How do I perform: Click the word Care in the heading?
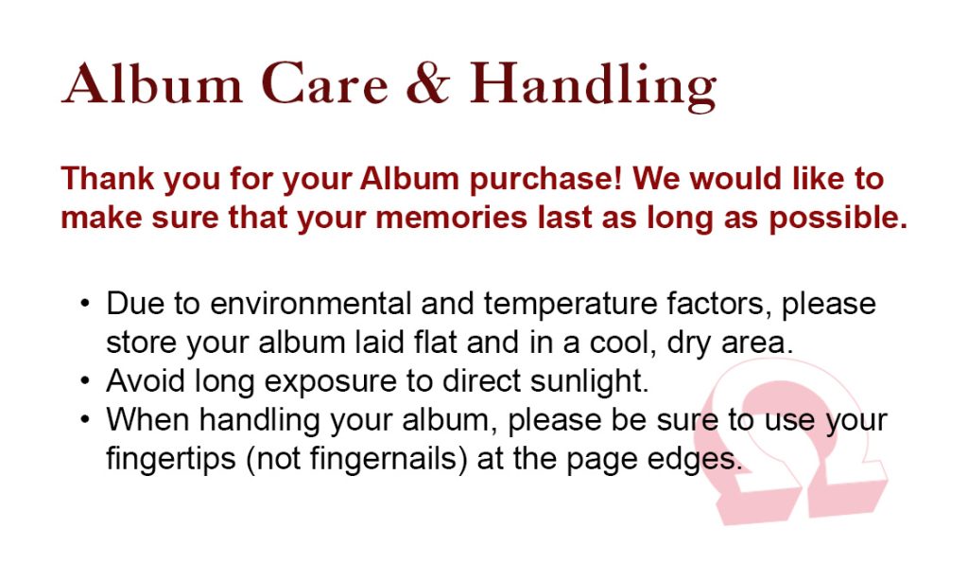point(325,83)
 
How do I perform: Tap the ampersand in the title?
point(427,83)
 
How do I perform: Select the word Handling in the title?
point(593,86)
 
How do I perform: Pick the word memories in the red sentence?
point(451,218)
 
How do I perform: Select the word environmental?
point(310,304)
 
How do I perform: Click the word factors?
point(719,304)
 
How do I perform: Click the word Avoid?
point(146,380)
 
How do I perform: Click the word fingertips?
point(171,459)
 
